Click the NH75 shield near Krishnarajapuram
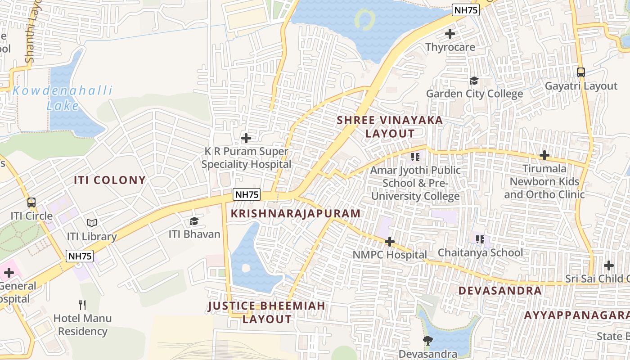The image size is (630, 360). coord(247,194)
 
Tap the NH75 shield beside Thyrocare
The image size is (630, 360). coord(466,10)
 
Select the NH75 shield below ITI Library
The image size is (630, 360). coord(80,256)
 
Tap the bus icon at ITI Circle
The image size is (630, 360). coord(31,202)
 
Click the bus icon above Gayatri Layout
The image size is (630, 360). coord(581,72)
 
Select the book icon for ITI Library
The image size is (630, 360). coord(92,223)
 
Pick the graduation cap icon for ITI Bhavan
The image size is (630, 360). coord(194,221)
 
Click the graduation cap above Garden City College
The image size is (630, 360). coord(474,81)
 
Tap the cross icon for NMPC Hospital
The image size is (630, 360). coord(390,242)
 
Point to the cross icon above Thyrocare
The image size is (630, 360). coord(450,33)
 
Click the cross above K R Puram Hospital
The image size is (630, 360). coord(246,138)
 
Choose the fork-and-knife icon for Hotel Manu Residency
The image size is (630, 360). coord(82,305)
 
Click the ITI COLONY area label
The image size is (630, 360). coord(110,180)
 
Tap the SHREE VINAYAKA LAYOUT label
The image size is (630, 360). coord(390,127)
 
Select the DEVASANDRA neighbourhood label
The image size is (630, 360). coord(500,291)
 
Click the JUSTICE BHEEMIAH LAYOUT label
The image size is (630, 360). coord(267,312)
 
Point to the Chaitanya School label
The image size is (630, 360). coord(480,252)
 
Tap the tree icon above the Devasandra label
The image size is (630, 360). coord(427,341)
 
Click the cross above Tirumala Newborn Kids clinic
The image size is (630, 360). coord(544,155)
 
